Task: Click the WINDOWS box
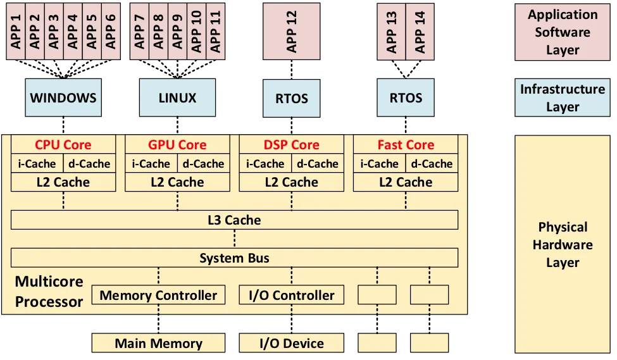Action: pyautogui.click(x=63, y=97)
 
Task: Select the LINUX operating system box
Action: pyautogui.click(x=177, y=97)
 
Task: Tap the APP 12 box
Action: pyautogui.click(x=292, y=32)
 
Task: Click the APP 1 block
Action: pyautogui.click(x=16, y=32)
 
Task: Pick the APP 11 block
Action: pyautogui.click(x=216, y=32)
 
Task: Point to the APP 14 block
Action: pyautogui.click(x=420, y=32)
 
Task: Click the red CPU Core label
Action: pyautogui.click(x=63, y=145)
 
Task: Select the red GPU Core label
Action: pyautogui.click(x=177, y=145)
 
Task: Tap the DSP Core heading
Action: pyautogui.click(x=292, y=145)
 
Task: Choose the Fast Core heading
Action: pyautogui.click(x=406, y=145)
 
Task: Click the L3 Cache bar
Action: pyautogui.click(x=234, y=220)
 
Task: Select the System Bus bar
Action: pyautogui.click(x=234, y=258)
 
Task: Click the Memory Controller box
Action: pyautogui.click(x=158, y=295)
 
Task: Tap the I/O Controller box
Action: pyautogui.click(x=292, y=295)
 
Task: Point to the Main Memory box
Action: pyautogui.click(x=158, y=344)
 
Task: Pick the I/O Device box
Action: pyautogui.click(x=292, y=344)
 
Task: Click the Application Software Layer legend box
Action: pyautogui.click(x=563, y=32)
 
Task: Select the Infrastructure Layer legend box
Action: pyautogui.click(x=563, y=97)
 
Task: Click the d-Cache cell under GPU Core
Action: pyautogui.click(x=203, y=163)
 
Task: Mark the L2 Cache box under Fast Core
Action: pyautogui.click(x=406, y=182)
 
